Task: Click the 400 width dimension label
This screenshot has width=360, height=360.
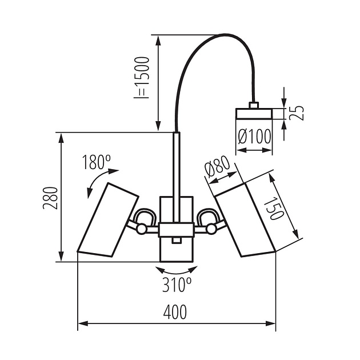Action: (175, 312)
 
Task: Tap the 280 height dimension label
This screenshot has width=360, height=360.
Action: (51, 198)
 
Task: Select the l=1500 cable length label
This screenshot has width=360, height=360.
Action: (141, 78)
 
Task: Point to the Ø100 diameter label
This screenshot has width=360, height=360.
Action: (254, 137)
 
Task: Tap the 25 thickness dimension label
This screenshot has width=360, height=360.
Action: (296, 112)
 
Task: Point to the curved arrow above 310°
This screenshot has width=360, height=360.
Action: (177, 269)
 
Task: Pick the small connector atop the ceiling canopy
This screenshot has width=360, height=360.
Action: (254, 105)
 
